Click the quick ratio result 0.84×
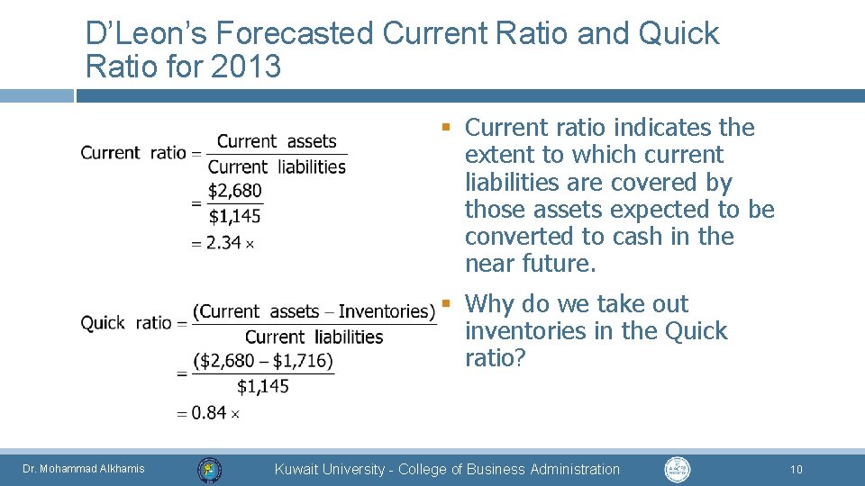216,413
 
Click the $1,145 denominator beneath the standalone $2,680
235,216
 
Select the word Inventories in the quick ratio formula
387,311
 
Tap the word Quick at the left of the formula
103,322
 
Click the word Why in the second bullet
490,304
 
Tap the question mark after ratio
520,358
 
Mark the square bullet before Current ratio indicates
445,126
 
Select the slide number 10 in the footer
796,469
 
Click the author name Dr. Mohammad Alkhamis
84,469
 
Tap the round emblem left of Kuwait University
209,469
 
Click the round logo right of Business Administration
677,469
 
